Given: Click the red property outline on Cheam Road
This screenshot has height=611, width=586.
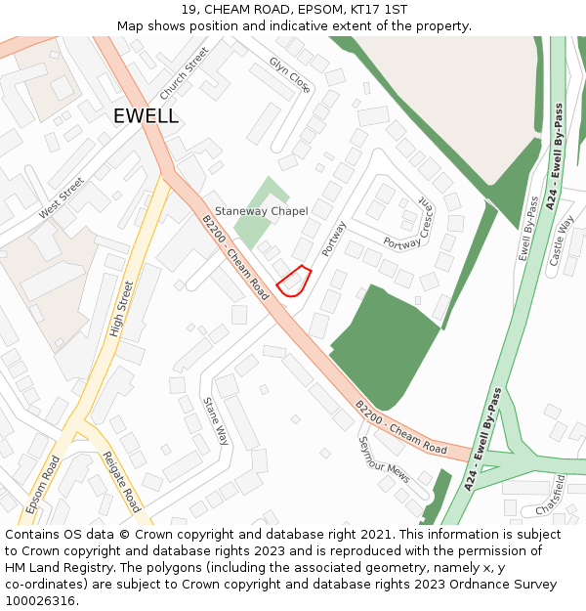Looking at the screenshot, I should coord(293,282).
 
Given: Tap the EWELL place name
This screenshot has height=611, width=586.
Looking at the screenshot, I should coord(146,116).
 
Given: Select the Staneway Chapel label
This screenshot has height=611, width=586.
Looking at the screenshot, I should coord(261,211).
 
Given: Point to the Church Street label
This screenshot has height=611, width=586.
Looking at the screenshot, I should coord(184,72).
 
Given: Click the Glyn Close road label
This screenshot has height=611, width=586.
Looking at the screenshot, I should coord(290,75).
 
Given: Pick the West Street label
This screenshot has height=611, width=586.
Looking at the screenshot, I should coord(62,197).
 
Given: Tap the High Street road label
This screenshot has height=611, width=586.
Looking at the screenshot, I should coord(120,309).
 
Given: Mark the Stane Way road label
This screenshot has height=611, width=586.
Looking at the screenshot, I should coord(215,420).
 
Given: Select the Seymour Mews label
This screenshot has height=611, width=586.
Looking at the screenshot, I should coord(383,458).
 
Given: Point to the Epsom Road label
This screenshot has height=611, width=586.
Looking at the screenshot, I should coord(43,485).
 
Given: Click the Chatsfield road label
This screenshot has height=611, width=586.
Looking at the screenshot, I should coord(552,497).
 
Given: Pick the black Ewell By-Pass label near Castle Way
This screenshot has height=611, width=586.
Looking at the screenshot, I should coord(527,231).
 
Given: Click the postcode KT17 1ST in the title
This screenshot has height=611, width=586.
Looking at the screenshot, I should coord(376,10).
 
